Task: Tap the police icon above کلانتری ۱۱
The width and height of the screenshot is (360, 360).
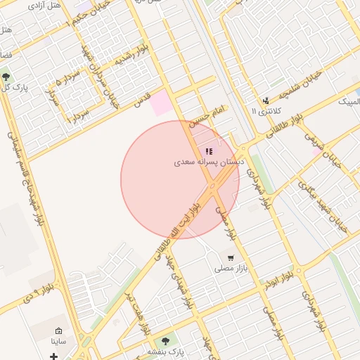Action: click(266, 101)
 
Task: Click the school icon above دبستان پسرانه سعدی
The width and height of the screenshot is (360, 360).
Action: click(209, 151)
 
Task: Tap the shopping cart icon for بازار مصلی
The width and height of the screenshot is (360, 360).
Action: click(231, 258)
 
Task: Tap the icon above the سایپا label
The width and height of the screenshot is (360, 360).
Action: click(58, 330)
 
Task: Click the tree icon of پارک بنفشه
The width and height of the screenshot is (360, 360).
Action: click(167, 340)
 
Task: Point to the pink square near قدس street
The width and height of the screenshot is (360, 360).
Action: click(161, 102)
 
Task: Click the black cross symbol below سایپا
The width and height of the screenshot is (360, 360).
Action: click(54, 356)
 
